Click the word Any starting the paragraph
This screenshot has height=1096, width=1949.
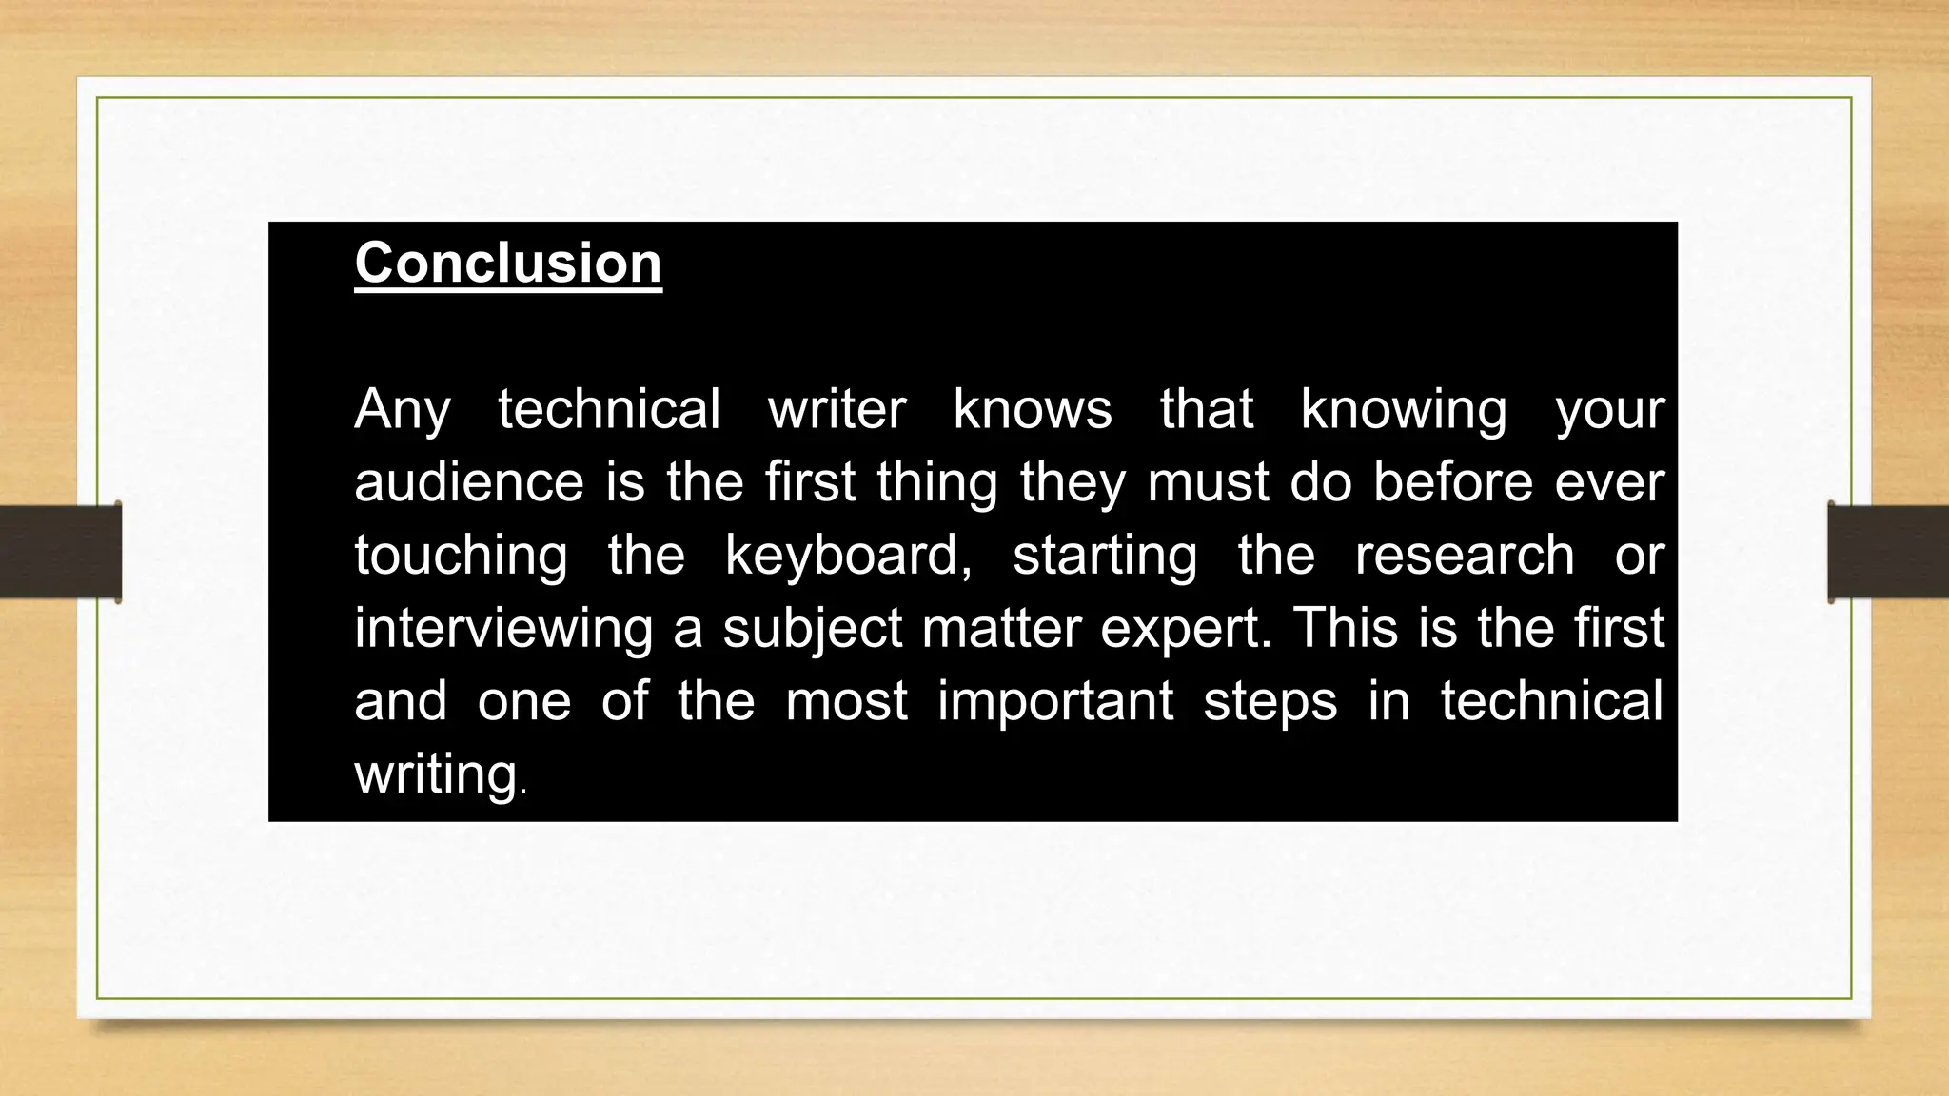tap(402, 410)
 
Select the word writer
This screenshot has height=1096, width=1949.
tap(837, 410)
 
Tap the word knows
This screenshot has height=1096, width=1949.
tap(1033, 410)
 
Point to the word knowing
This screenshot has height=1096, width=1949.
tap(1404, 410)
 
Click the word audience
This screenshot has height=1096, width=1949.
tap(468, 482)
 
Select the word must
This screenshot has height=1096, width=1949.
tap(1208, 482)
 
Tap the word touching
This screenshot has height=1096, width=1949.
tap(461, 556)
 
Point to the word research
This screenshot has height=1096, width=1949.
tap(1464, 556)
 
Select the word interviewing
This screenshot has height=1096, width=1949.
tap(503, 629)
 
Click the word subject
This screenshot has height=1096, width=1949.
tap(812, 629)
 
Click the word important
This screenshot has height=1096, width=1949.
tap(1055, 702)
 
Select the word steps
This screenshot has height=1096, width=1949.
tap(1270, 702)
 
